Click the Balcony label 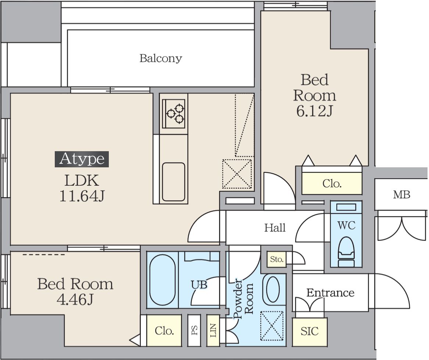pyautogui.click(x=161, y=58)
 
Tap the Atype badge pyautogui.click(x=82, y=159)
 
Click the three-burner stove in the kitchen pyautogui.click(x=174, y=114)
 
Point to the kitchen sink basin pyautogui.click(x=174, y=182)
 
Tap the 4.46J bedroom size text pyautogui.click(x=75, y=300)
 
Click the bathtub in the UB pyautogui.click(x=162, y=280)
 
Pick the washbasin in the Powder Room pyautogui.click(x=273, y=289)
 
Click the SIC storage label pyautogui.click(x=310, y=332)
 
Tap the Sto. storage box pyautogui.click(x=276, y=259)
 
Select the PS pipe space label pyautogui.click(x=194, y=331)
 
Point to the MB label pyautogui.click(x=402, y=195)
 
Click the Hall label pyautogui.click(x=275, y=228)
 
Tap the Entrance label pyautogui.click(x=330, y=293)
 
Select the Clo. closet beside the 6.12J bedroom pyautogui.click(x=332, y=183)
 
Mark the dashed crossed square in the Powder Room pyautogui.click(x=272, y=326)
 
